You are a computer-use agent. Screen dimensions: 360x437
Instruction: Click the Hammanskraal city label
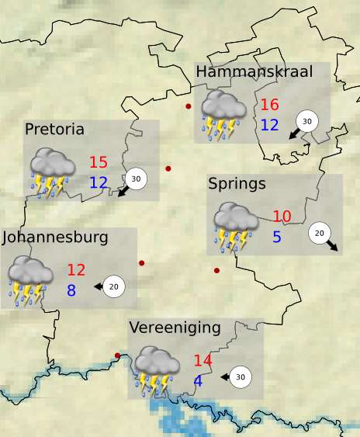[254, 72]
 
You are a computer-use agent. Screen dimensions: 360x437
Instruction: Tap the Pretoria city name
[54, 129]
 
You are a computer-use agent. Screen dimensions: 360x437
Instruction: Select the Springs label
[237, 184]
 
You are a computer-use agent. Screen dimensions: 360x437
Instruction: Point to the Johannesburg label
[55, 237]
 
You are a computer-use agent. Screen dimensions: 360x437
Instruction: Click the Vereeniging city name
[175, 328]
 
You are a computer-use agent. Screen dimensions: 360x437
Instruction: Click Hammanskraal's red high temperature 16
[269, 106]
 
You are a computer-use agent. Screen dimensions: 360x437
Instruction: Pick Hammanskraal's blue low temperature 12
[269, 124]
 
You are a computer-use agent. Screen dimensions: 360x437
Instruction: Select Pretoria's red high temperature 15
[99, 163]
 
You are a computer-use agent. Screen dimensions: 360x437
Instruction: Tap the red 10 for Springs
[282, 217]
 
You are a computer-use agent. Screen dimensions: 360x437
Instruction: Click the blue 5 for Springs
[277, 237]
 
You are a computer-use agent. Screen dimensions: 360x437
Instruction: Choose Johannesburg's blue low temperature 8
[71, 290]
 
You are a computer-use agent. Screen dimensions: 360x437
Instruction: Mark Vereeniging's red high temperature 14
[202, 361]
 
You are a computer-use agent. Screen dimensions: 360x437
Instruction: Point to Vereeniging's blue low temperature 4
[198, 380]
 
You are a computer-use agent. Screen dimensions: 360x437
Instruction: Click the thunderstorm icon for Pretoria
[52, 173]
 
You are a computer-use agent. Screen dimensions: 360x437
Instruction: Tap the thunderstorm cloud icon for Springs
[236, 227]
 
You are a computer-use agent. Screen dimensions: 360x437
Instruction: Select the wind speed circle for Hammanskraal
[306, 122]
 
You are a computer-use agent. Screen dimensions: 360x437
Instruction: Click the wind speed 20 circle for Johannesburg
[114, 286]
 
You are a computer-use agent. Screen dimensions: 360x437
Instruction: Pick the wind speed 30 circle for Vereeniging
[241, 377]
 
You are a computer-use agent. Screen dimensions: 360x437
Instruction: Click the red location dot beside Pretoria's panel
[168, 168]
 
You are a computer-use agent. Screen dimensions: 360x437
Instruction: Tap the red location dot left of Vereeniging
[117, 356]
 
